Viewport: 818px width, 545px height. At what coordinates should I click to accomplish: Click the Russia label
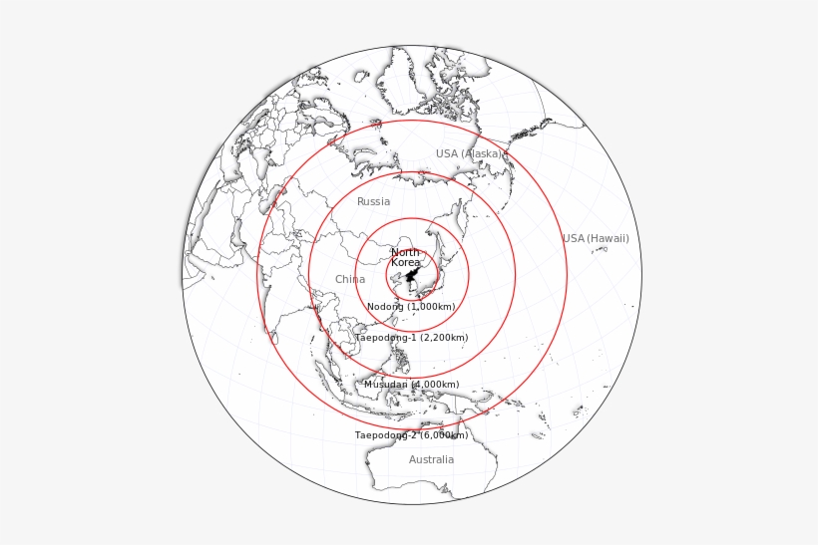(374, 202)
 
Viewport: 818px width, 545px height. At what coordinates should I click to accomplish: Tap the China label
(350, 280)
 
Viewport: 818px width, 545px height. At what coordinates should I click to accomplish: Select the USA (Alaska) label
(469, 153)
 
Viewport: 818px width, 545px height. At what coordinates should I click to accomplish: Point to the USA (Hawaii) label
(596, 238)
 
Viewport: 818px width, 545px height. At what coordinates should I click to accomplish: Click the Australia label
(431, 460)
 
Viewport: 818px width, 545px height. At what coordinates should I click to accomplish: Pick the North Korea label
(405, 258)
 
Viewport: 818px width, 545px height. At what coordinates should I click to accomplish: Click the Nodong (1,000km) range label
(411, 307)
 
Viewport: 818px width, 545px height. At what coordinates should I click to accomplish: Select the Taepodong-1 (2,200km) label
(411, 338)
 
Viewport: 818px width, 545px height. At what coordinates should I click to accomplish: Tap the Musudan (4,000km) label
(411, 385)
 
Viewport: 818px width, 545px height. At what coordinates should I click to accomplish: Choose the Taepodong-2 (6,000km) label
(411, 435)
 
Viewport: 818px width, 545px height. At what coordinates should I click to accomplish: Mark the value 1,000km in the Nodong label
(432, 307)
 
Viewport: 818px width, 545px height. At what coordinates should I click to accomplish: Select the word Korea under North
(405, 263)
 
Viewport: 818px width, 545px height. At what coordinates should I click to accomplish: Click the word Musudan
(385, 385)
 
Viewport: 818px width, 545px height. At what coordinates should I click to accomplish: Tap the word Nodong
(385, 307)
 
